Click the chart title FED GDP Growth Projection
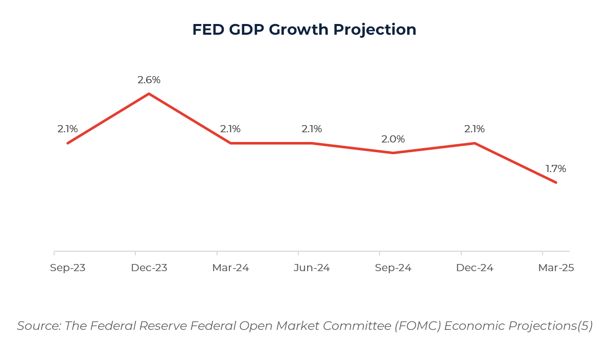tap(304, 30)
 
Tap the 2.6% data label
tap(149, 80)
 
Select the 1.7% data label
tap(556, 169)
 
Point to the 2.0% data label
tap(393, 139)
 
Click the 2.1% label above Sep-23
tap(67, 129)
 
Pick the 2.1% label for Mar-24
tap(230, 129)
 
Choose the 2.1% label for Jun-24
tap(312, 129)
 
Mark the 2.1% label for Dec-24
tap(475, 129)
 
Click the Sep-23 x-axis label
tap(67, 268)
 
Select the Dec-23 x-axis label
tap(149, 268)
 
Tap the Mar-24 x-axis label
tap(230, 268)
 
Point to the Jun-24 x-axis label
tap(312, 268)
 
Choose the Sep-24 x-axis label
tap(393, 268)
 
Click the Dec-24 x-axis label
tap(475, 268)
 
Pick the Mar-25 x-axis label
tap(556, 268)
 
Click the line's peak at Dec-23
tap(149, 94)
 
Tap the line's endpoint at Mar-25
tap(556, 182)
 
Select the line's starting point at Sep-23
tap(68, 143)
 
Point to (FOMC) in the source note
tap(417, 326)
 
